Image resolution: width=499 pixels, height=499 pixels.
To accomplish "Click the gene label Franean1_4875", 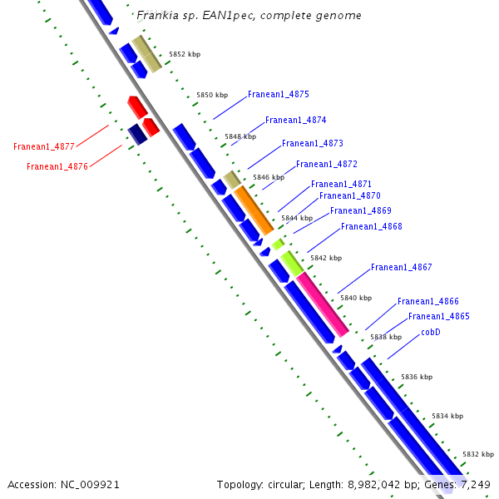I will pyautogui.click(x=278, y=95).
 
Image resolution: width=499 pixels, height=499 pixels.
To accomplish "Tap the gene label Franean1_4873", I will pyautogui.click(x=312, y=144).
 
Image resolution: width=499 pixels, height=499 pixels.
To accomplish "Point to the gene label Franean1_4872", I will pyautogui.click(x=326, y=165).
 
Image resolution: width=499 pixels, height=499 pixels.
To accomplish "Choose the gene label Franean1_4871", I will pyautogui.click(x=341, y=184).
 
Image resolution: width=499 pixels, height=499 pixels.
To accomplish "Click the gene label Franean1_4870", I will pyautogui.click(x=350, y=196).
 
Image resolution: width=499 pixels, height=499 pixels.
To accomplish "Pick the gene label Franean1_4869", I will pyautogui.click(x=360, y=211).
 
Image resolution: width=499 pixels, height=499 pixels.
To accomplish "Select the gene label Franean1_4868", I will pyautogui.click(x=371, y=227).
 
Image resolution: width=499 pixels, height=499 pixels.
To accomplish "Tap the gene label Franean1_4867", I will pyautogui.click(x=401, y=268).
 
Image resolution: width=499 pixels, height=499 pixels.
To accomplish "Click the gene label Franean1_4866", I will pyautogui.click(x=427, y=302).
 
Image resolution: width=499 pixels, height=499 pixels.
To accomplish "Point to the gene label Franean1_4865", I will pyautogui.click(x=438, y=317).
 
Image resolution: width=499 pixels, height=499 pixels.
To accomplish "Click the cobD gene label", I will pyautogui.click(x=430, y=333).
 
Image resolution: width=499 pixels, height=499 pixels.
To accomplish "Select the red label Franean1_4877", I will pyautogui.click(x=44, y=147).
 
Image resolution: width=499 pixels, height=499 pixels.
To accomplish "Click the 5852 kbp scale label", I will pyautogui.click(x=184, y=55).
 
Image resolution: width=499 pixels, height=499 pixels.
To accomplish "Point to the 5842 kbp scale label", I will pyautogui.click(x=325, y=259).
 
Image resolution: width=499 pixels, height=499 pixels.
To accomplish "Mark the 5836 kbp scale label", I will pyautogui.click(x=416, y=378).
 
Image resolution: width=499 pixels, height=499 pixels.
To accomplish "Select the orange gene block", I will pyautogui.click(x=254, y=210).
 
